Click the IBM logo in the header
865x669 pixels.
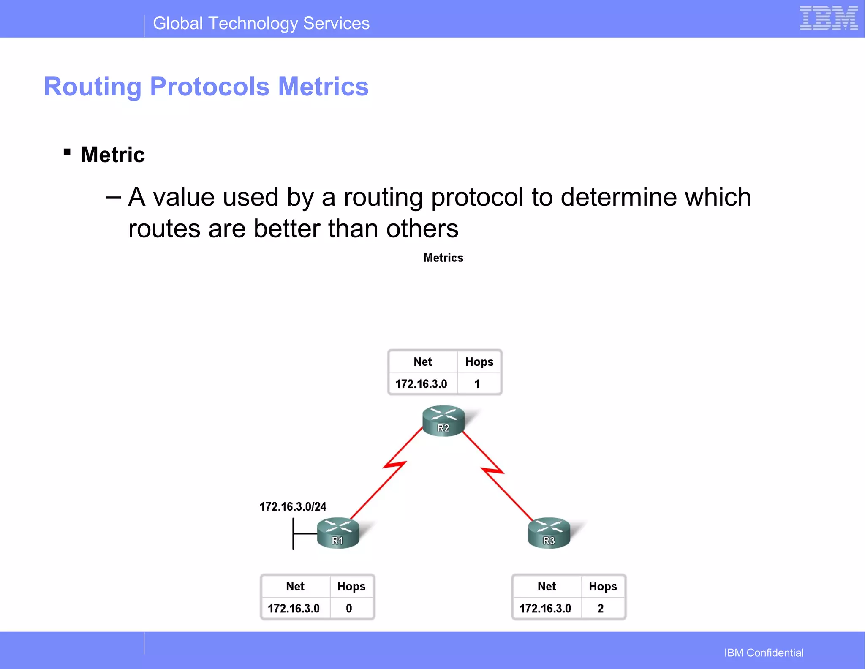829,19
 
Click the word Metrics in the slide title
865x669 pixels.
323,87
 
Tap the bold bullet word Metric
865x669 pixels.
113,155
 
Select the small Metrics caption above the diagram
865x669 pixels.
443,258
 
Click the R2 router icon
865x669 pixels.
443,421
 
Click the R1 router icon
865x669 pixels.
338,533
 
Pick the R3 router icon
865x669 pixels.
549,533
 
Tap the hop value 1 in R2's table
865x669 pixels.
477,384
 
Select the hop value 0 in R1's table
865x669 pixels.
349,608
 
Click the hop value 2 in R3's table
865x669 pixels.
600,608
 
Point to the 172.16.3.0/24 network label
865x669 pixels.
293,506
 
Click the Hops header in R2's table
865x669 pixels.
479,362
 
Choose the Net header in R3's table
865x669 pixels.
547,586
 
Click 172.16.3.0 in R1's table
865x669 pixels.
294,608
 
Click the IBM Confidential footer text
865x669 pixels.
764,653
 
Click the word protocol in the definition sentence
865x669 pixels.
477,197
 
